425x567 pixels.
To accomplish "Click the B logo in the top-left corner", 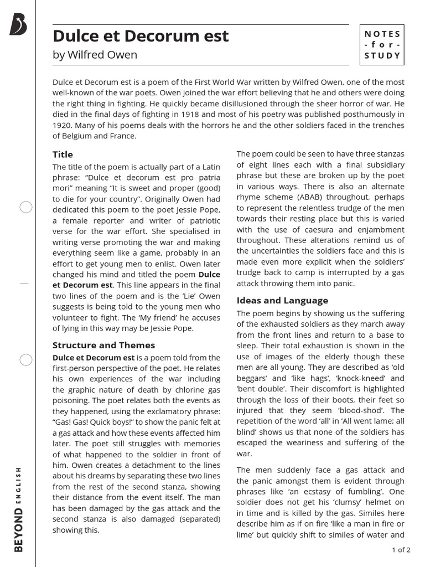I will [18, 25].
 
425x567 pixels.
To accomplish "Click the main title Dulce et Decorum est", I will [141, 36].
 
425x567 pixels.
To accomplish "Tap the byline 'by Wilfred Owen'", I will [95, 55].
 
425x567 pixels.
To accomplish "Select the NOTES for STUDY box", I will [382, 45].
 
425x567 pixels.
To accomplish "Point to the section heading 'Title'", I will [63, 154].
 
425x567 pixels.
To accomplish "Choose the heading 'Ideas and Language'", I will [282, 300].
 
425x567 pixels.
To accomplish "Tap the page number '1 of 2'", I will [401, 550].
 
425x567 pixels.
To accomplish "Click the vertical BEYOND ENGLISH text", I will [18, 509].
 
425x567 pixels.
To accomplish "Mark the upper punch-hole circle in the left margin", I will [26, 208].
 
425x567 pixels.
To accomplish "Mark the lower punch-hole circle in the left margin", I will [26, 360].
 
